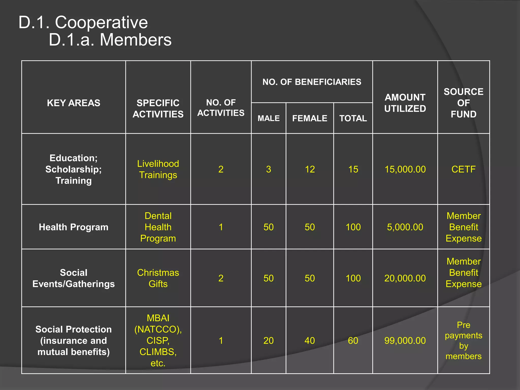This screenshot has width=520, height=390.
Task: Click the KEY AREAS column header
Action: (73, 103)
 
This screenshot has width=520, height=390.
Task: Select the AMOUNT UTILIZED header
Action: (405, 103)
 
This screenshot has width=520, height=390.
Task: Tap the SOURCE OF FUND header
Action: (463, 103)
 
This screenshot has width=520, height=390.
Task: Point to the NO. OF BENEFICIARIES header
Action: (312, 82)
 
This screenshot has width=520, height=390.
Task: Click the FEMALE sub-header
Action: (310, 118)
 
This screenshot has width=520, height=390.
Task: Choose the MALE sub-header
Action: (269, 118)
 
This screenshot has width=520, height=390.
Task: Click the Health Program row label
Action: (73, 227)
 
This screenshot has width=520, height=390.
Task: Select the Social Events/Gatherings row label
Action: (73, 278)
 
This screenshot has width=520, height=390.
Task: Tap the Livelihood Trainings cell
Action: (158, 169)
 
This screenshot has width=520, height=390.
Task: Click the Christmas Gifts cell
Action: (158, 278)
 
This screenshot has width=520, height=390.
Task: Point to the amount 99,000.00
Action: (405, 340)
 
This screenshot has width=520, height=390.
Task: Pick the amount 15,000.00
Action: (405, 169)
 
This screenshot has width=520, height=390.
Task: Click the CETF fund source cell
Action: (463, 169)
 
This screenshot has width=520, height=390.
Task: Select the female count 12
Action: (310, 169)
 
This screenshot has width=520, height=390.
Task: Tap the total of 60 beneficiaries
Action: (353, 340)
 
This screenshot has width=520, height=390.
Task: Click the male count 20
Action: (268, 340)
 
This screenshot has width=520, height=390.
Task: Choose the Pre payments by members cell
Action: (463, 340)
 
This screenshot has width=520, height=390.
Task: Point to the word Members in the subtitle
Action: (136, 40)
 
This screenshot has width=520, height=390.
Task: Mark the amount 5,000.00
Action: (405, 227)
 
